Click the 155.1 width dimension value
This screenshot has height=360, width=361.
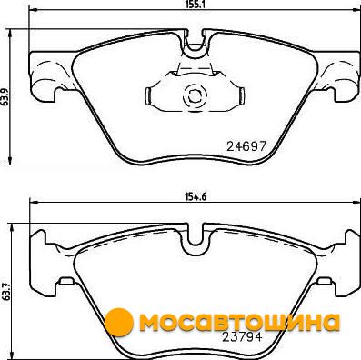pos(193,5)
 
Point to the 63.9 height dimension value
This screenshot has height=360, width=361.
pos(5,97)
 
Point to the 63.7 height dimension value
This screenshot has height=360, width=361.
pos(5,291)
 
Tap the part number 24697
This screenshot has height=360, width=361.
pos(246,147)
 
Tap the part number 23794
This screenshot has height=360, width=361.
pos(242,337)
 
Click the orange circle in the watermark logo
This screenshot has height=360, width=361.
pos(119,322)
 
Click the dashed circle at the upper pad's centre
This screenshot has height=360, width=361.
pos(195,96)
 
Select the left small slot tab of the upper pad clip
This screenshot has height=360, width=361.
pos(148,96)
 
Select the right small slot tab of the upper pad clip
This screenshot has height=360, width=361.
pos(242,96)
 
